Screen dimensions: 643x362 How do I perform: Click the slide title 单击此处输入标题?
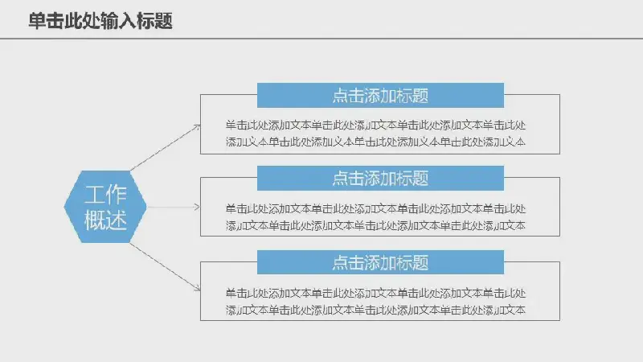(x=100, y=21)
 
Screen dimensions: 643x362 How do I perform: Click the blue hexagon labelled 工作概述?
(x=105, y=207)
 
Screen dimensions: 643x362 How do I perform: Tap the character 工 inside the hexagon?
(x=95, y=194)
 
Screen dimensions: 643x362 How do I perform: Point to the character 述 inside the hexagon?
(x=116, y=220)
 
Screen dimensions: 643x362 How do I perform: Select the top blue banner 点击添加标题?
(x=380, y=95)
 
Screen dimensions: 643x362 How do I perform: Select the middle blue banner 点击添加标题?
(x=380, y=178)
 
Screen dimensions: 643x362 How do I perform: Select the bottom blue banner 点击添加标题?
(x=380, y=262)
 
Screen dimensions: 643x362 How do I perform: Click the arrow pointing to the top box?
(x=166, y=147)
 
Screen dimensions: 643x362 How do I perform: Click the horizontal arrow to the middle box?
(x=174, y=207)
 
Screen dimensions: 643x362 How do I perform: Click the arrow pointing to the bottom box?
(x=166, y=267)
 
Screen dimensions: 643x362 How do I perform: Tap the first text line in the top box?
(x=375, y=125)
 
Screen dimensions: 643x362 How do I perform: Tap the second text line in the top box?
(x=375, y=142)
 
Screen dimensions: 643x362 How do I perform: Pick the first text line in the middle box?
(x=375, y=208)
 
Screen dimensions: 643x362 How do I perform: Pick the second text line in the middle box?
(x=375, y=225)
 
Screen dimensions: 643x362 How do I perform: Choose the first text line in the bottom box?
(x=375, y=293)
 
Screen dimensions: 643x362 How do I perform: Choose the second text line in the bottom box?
(x=375, y=310)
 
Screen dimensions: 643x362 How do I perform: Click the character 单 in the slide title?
(x=37, y=21)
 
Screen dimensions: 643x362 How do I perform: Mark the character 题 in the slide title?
(x=164, y=21)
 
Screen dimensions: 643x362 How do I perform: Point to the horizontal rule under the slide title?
(x=321, y=39)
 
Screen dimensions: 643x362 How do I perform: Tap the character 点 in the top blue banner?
(x=340, y=96)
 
